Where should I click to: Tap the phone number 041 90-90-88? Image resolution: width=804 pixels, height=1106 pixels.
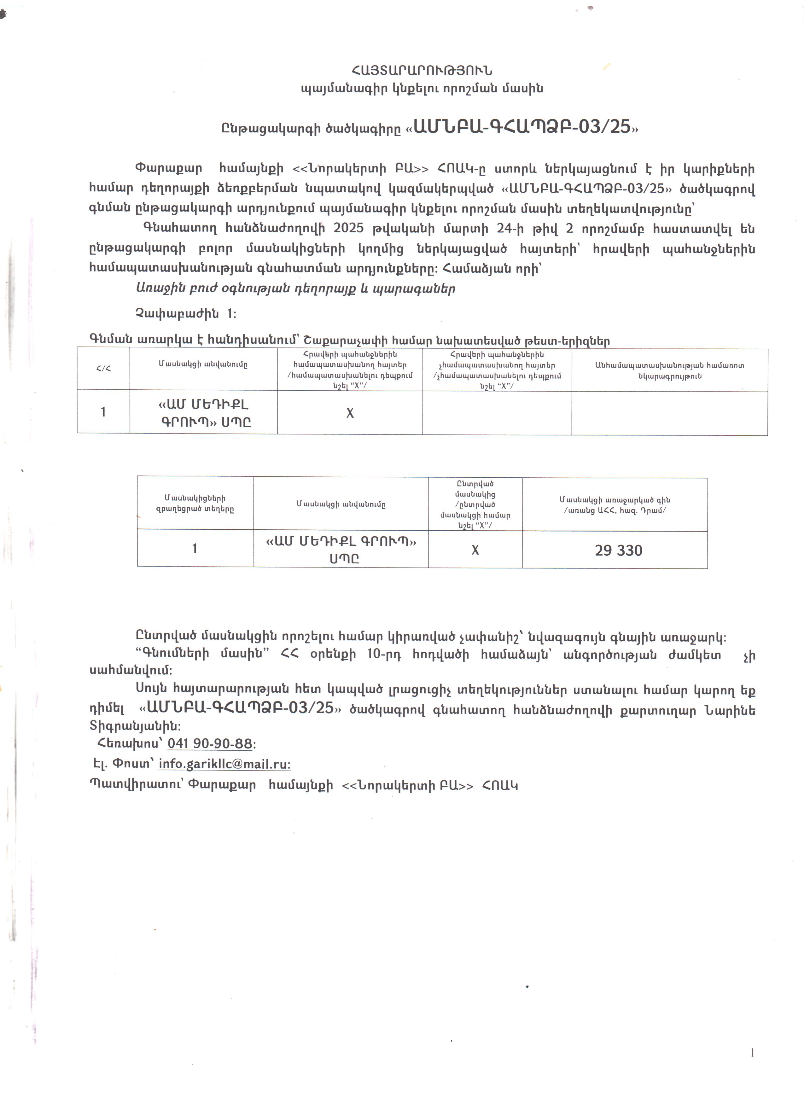coord(210,744)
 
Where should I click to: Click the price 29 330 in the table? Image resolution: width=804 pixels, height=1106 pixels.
coord(618,550)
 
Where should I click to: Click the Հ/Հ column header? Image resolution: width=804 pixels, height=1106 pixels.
coord(103,369)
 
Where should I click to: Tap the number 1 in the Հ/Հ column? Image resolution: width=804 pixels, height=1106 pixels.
coord(103,412)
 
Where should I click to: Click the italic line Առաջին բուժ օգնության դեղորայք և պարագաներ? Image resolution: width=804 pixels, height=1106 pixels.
coord(295,289)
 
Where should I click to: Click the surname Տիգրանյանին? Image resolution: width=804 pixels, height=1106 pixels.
coord(135,726)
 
